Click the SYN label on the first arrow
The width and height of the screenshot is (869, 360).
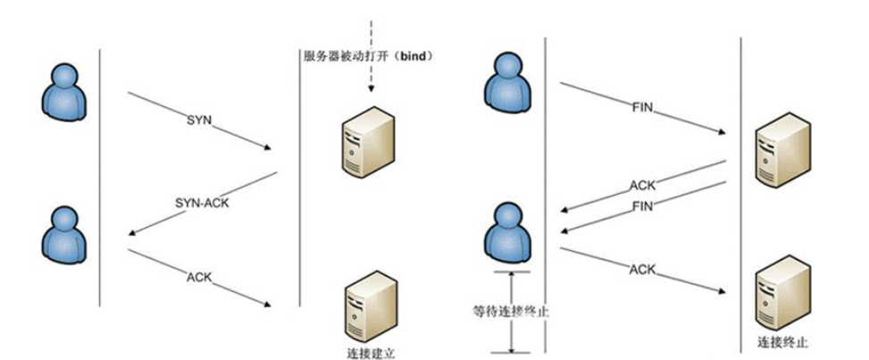pos(199,119)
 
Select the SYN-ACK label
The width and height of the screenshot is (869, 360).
pos(202,203)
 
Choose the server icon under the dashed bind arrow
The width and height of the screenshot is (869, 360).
pos(367,145)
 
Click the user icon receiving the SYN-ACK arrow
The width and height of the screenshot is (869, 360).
pos(68,231)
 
